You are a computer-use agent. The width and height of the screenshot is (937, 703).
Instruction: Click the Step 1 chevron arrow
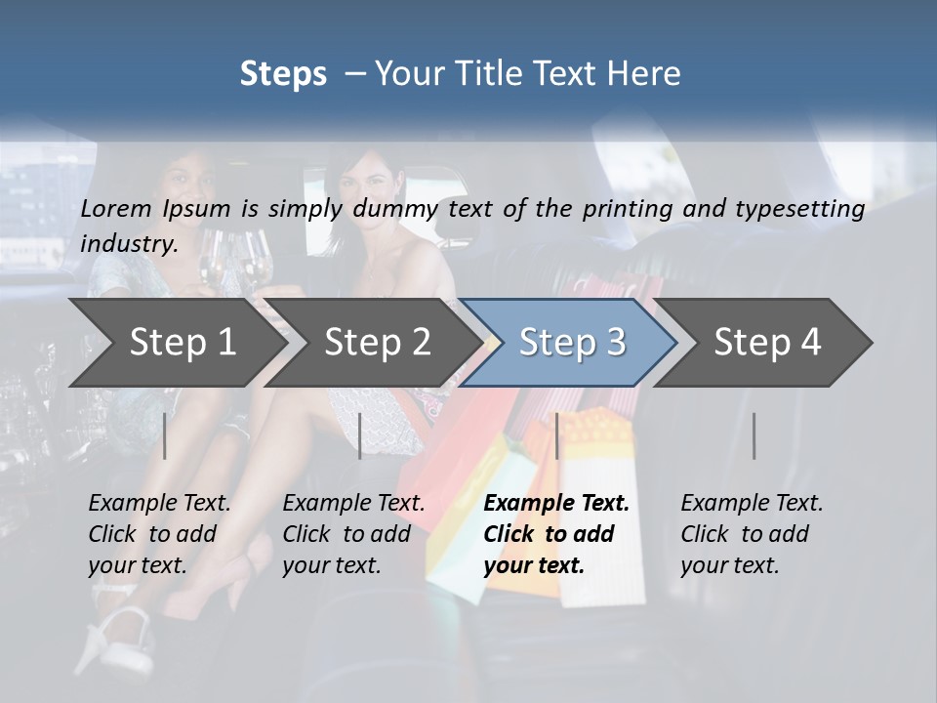[x=182, y=343]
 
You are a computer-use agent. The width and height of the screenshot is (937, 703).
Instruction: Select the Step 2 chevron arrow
[x=377, y=343]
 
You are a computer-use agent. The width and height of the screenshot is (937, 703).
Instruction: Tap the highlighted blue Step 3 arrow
[x=571, y=343]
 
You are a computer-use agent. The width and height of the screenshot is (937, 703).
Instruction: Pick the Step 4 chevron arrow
[x=766, y=343]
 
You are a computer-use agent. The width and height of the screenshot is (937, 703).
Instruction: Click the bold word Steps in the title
[x=283, y=73]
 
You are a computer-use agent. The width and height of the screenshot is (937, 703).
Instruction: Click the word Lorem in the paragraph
[x=115, y=208]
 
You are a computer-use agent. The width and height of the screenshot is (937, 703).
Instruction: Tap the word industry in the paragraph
[x=128, y=243]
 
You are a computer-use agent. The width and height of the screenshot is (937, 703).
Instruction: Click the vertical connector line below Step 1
[x=165, y=435]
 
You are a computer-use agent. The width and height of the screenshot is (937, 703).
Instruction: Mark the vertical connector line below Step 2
[x=360, y=435]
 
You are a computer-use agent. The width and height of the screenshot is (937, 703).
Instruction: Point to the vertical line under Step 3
[x=556, y=435]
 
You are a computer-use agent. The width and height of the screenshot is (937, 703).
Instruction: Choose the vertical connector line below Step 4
[x=754, y=435]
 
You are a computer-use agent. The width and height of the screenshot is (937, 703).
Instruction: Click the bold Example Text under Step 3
[x=556, y=504]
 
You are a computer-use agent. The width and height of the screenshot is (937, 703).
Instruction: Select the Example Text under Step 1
[x=159, y=504]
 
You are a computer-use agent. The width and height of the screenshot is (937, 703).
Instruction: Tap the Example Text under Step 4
[x=752, y=504]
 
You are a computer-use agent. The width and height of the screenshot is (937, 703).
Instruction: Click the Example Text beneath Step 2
[x=353, y=504]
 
